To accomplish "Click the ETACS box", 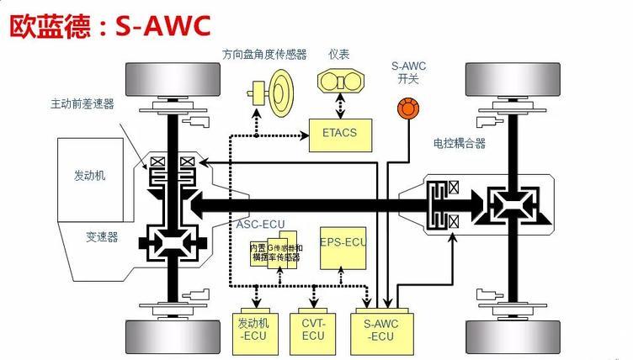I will [x=339, y=132].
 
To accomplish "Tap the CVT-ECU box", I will [x=312, y=331].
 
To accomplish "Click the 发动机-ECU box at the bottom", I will [x=253, y=331].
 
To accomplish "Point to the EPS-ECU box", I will [x=343, y=243].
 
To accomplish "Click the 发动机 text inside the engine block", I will [x=90, y=176].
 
